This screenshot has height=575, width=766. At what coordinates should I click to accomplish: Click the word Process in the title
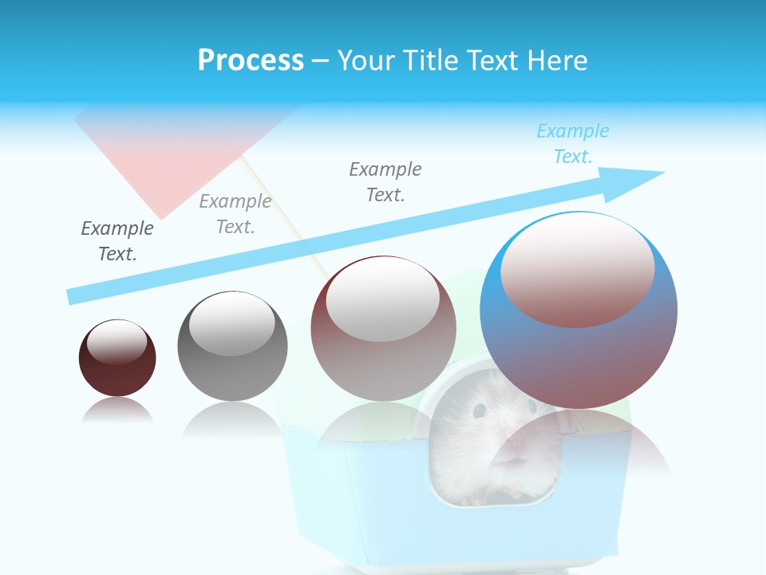coord(251,61)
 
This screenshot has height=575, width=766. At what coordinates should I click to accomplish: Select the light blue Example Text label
coord(573,144)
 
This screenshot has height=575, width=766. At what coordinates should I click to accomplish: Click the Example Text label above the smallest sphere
coord(117,240)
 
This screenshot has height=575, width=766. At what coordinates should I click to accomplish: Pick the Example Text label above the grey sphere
coord(235,214)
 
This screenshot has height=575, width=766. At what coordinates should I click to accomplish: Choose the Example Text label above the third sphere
coord(385,181)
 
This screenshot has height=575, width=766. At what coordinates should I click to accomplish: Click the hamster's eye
coord(480,410)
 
